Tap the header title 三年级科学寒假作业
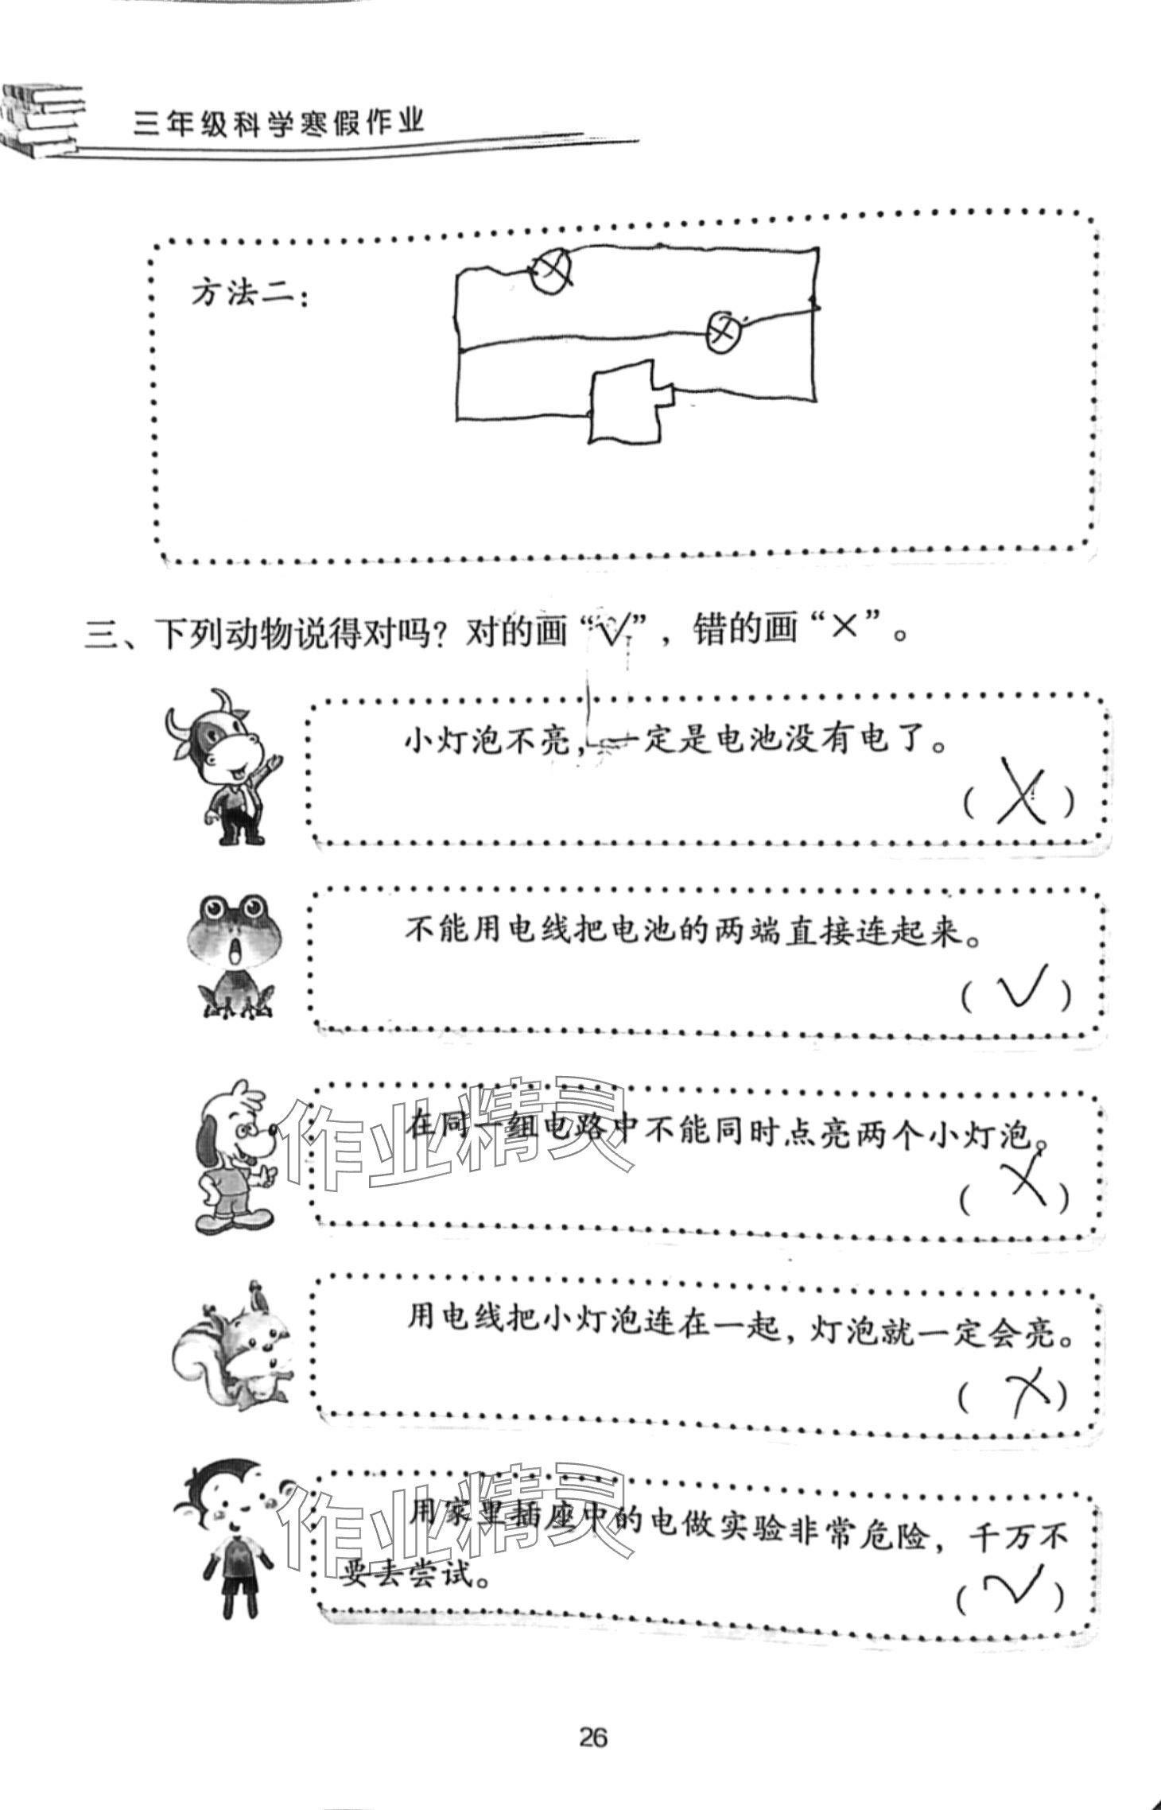279,123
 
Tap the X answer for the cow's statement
1021,795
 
